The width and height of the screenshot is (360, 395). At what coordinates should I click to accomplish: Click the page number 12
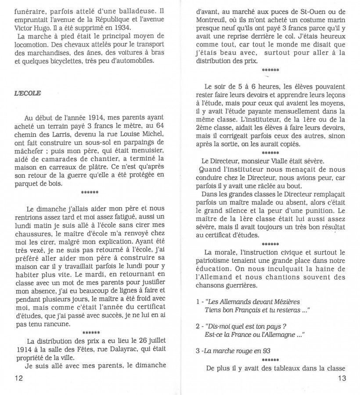click(19, 377)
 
